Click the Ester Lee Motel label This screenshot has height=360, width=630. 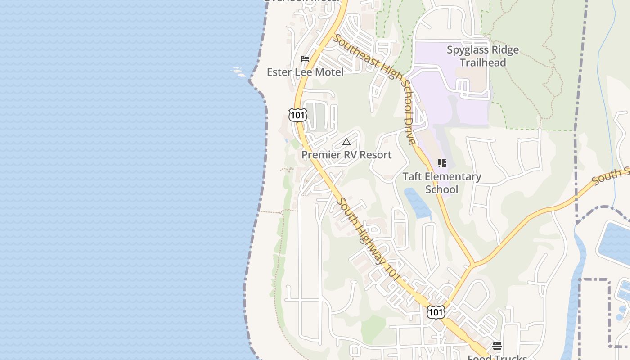305,72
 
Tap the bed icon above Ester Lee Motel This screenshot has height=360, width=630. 305,58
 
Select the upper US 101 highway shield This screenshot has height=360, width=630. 298,115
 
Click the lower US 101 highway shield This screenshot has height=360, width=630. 436,312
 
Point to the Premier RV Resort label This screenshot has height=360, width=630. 346,155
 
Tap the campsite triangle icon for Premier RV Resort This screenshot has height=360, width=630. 346,142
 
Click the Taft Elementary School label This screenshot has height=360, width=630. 442,183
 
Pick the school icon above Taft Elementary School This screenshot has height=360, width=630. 442,163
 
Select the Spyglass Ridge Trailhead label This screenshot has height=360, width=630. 483,56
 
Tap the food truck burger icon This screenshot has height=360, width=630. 497,346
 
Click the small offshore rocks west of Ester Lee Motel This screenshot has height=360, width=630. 238,72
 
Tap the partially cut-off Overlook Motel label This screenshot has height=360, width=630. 301,1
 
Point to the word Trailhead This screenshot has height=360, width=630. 483,63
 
